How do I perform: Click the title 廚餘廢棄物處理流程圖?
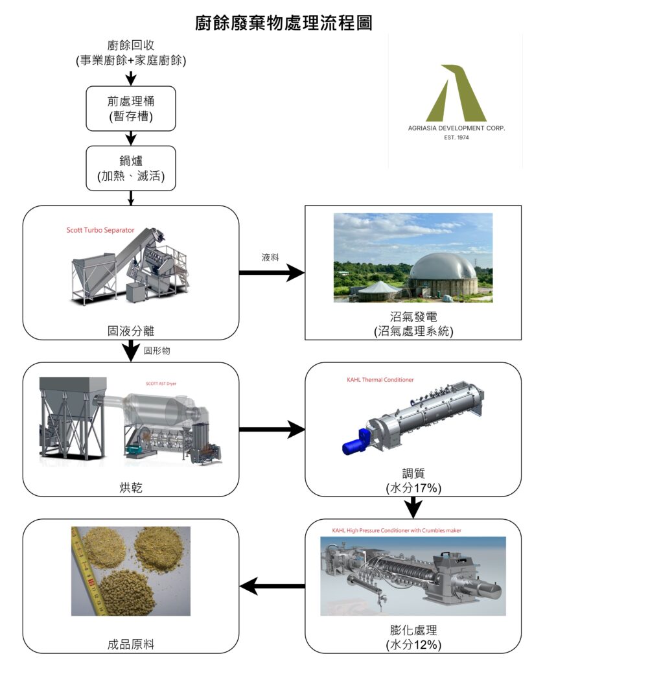coord(284,23)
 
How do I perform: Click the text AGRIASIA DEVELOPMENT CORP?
coord(456,128)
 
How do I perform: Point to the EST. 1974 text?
coord(456,137)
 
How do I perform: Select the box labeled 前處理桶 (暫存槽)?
coord(131,108)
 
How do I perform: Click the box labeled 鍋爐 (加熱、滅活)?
coord(131,168)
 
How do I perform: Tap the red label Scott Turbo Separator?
coord(100,230)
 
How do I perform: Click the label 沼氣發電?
coord(413,317)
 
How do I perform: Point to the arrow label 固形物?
coord(157,351)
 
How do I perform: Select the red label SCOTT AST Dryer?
coord(161,383)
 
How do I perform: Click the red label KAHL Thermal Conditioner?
coord(380,379)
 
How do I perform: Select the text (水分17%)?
coord(413,487)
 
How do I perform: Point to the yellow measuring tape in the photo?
coord(88,570)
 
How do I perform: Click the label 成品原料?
coord(131,644)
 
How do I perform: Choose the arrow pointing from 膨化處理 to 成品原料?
coord(272,587)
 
